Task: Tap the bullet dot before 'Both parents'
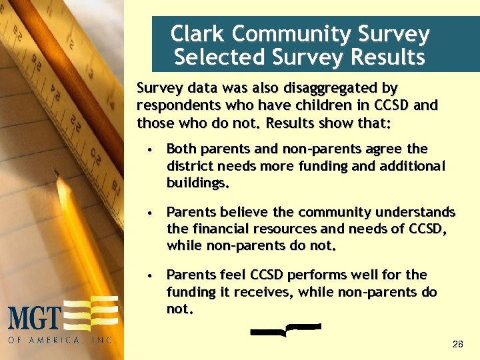[x=152, y=149]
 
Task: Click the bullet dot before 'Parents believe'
[x=152, y=213]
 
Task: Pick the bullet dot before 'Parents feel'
[x=152, y=275]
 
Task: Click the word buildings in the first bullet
[x=197, y=182]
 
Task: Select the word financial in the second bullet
[x=220, y=229]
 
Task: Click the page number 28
[x=457, y=344]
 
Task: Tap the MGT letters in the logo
[x=35, y=317]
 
